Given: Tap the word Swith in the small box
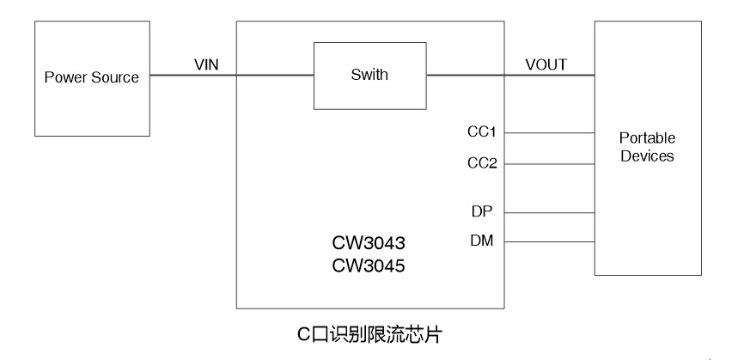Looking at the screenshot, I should point(369,75).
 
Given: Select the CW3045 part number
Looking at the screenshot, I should point(369,266).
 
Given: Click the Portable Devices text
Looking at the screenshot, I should point(648,147).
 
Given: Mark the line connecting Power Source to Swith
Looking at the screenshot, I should point(232,76).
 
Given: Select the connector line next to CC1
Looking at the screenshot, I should point(549,133).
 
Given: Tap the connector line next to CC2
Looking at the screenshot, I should point(549,163).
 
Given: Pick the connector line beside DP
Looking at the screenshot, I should point(549,212).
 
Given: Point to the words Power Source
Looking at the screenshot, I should point(92,77).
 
